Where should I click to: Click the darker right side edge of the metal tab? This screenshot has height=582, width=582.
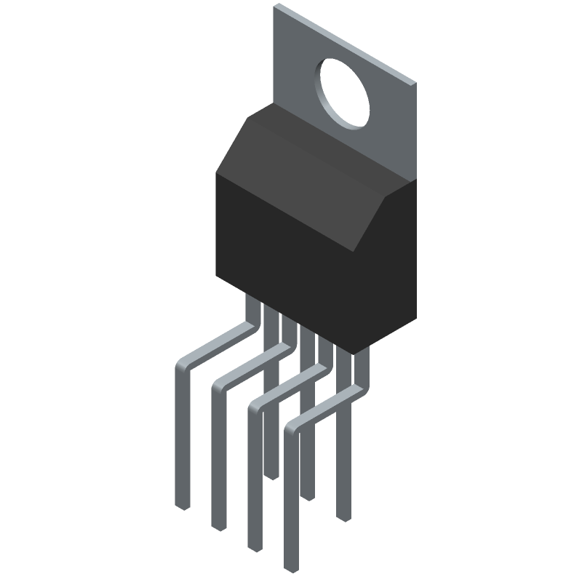pyautogui.click(x=415, y=131)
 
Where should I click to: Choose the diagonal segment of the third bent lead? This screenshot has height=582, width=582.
pyautogui.click(x=287, y=386)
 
